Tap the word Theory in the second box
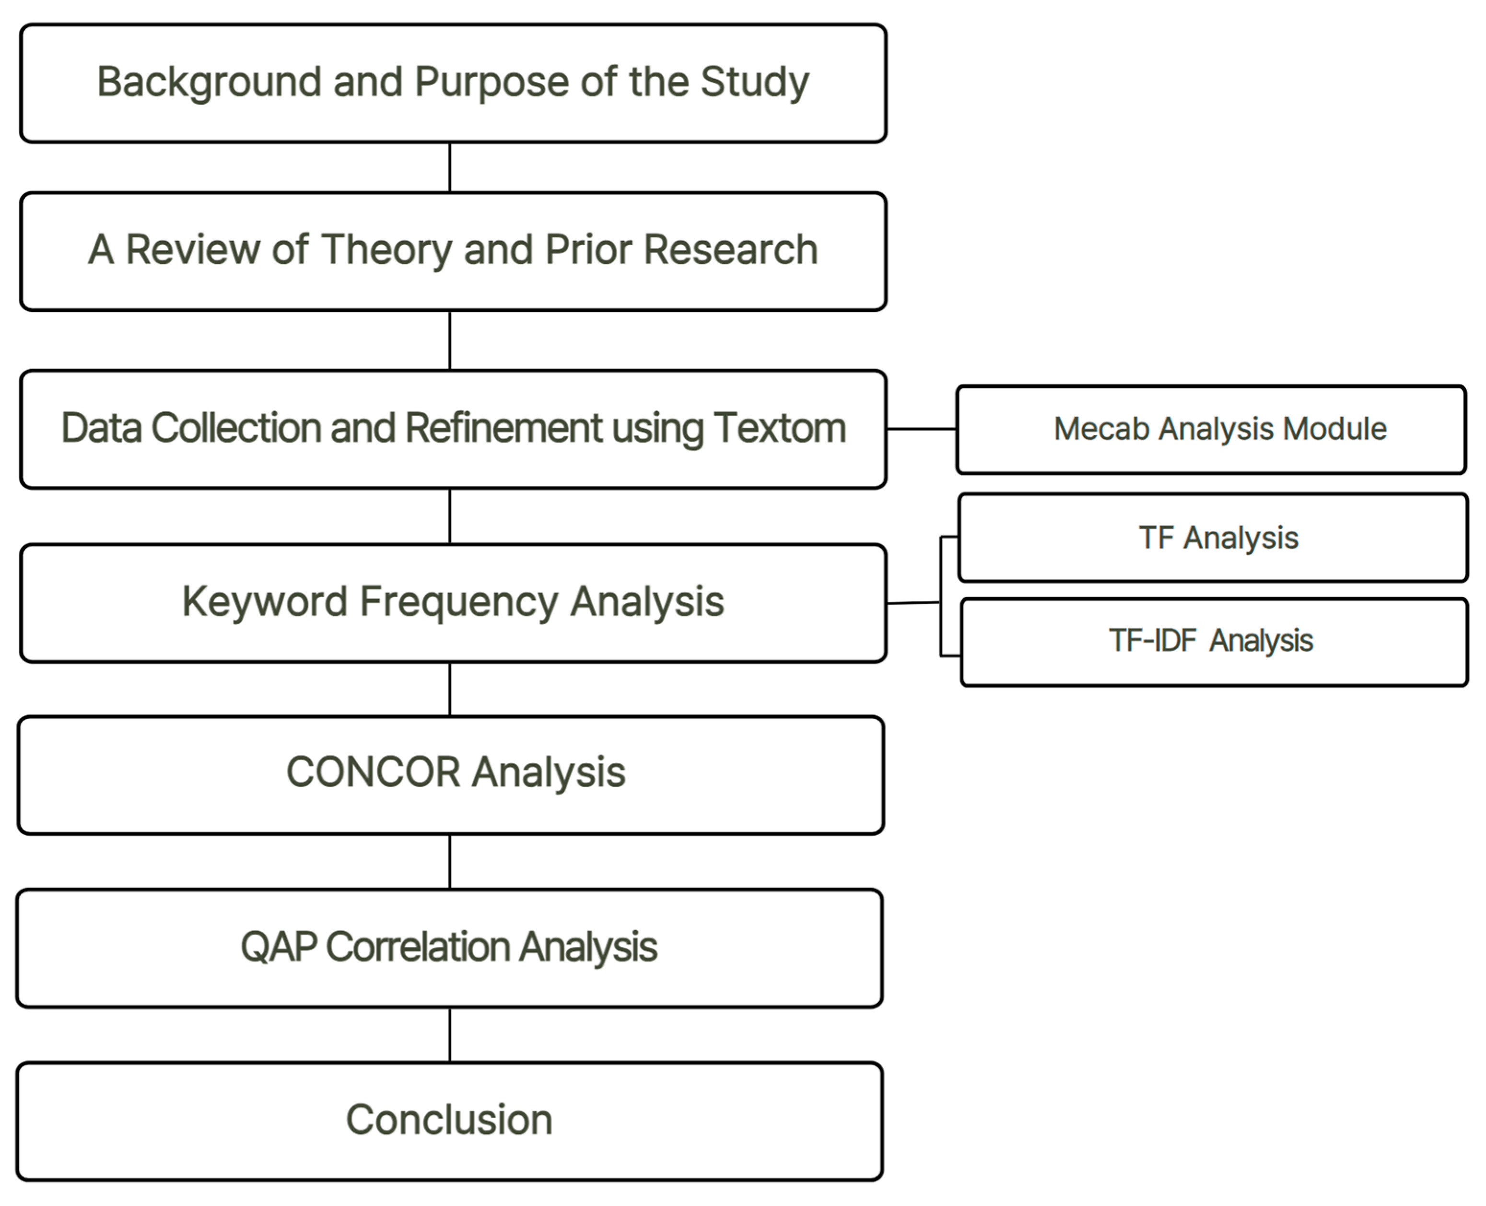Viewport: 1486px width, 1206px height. click(x=386, y=250)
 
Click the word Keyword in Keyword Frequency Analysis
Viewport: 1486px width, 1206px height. click(x=264, y=602)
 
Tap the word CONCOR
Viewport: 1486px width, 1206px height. click(x=373, y=773)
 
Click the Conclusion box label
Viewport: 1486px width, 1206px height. click(x=449, y=1120)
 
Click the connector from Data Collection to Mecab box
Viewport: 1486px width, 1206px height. click(x=921, y=429)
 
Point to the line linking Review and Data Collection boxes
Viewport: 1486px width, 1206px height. click(x=449, y=340)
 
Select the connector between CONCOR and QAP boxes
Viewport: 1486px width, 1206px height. click(x=449, y=861)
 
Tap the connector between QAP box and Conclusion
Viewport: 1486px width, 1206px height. click(x=449, y=1035)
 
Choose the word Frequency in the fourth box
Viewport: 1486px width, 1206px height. click(x=458, y=602)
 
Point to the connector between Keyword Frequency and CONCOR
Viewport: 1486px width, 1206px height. click(x=449, y=689)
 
